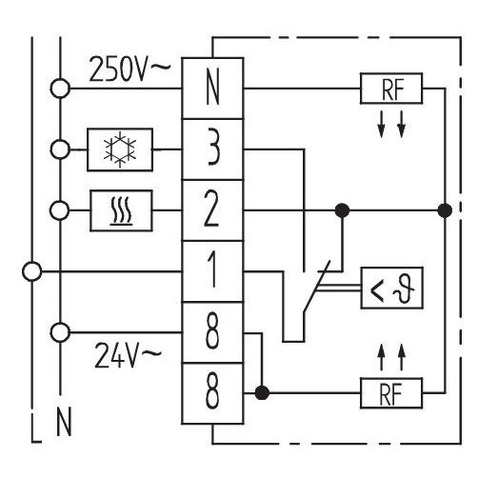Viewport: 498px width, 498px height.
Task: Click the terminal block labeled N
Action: [x=212, y=89]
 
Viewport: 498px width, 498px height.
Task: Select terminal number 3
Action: [x=212, y=149]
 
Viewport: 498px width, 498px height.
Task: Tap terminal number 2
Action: [x=212, y=210]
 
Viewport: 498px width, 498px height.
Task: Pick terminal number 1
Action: [x=212, y=271]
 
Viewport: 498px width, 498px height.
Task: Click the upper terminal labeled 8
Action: [x=212, y=332]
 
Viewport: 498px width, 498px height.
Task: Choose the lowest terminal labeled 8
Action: [x=212, y=393]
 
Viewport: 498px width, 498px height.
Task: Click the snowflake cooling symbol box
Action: [x=120, y=149]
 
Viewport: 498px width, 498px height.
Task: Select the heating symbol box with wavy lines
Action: [x=121, y=210]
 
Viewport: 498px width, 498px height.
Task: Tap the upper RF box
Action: [x=391, y=89]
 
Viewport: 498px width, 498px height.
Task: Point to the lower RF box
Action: [x=391, y=393]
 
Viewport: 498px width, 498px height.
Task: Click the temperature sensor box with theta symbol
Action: [x=392, y=288]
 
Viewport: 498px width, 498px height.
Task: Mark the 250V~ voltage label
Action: [x=129, y=69]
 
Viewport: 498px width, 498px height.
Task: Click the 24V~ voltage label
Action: [x=129, y=355]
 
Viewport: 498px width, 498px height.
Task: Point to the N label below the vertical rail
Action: [x=64, y=422]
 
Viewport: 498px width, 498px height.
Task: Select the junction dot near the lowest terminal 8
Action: [x=262, y=393]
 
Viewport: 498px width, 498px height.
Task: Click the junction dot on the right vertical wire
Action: [x=445, y=210]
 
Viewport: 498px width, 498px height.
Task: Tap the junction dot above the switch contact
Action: [x=342, y=210]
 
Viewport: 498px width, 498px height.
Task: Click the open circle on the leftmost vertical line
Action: [x=31, y=271]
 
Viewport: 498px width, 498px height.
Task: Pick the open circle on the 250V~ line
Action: [x=60, y=89]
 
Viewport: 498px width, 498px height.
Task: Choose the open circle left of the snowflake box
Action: [x=60, y=149]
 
